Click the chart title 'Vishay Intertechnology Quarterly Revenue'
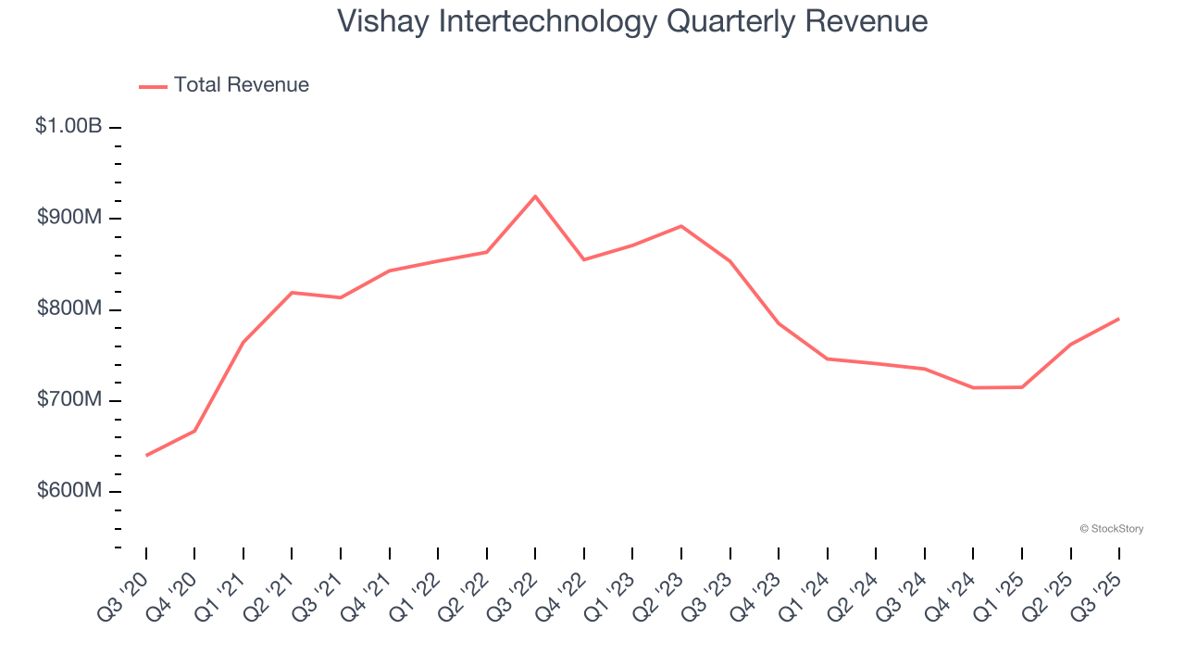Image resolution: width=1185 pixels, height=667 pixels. pos(632,20)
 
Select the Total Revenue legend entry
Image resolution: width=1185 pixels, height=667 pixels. pos(224,85)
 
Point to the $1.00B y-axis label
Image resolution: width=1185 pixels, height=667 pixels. pos(69,126)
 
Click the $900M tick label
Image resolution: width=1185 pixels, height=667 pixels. pos(69,218)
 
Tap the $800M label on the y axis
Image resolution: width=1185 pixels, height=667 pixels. pos(69,308)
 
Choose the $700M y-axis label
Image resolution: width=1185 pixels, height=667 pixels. pos(69,399)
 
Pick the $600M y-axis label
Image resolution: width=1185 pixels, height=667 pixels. pos(69,490)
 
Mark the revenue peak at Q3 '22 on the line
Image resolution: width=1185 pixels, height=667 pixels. pos(535,196)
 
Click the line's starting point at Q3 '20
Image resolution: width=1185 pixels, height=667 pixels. pos(146,455)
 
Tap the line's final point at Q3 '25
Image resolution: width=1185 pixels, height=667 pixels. pos(1119,319)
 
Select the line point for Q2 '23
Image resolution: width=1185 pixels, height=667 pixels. pos(681,226)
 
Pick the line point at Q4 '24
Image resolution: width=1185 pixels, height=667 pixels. pos(973,387)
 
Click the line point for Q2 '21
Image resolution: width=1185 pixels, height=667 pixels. pos(292,293)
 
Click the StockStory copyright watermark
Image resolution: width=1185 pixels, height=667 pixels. pos(1111,529)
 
